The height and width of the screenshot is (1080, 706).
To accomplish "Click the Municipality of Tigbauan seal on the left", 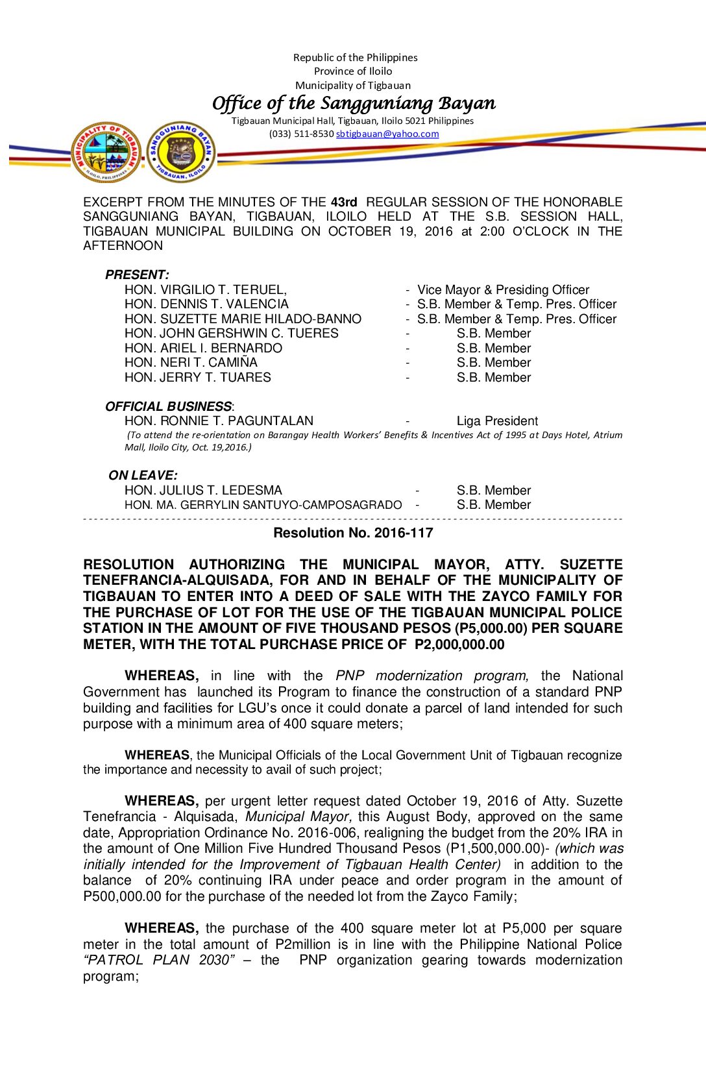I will point(106,153).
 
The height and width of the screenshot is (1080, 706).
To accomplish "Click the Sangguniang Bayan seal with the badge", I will point(181,153).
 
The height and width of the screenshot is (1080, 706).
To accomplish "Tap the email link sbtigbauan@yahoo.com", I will point(387,134).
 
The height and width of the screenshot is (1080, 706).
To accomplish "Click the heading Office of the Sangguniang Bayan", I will point(354,103).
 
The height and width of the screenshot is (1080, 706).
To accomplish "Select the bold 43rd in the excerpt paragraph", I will point(344,202).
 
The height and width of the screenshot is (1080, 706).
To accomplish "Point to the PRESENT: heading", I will point(137,275).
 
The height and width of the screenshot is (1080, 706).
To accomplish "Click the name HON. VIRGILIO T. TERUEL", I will point(205,289).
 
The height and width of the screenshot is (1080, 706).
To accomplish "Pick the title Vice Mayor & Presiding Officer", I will point(503,289).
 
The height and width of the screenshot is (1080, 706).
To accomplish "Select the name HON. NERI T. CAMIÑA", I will point(191,362).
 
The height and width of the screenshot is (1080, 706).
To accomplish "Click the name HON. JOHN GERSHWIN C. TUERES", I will point(231,333).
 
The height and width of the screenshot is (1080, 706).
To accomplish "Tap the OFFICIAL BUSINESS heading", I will point(169,406).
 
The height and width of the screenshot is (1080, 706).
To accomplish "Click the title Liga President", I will point(497,421).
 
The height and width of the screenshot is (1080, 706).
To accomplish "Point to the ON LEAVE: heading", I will point(143,475).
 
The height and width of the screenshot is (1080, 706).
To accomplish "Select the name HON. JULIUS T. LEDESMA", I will point(203,490).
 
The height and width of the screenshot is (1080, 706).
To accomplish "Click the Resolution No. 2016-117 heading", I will point(353,533).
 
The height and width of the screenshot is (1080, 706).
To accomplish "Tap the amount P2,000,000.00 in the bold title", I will point(459,644).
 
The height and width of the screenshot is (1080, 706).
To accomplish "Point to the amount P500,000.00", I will point(122,896).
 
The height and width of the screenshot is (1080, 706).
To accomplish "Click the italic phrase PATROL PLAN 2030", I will point(157,960).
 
